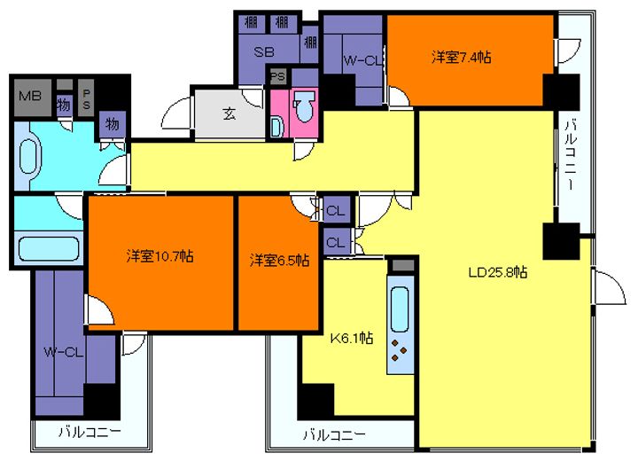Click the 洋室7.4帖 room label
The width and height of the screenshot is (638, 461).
click(x=462, y=58)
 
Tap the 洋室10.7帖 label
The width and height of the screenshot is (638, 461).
click(x=159, y=257)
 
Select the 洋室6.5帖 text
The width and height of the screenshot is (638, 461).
click(x=279, y=260)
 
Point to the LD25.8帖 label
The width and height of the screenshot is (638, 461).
click(x=498, y=273)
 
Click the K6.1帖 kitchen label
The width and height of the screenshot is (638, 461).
click(x=352, y=338)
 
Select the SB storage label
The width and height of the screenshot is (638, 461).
click(x=264, y=51)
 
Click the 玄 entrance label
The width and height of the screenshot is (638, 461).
click(x=229, y=113)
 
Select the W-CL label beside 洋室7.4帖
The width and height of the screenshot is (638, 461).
click(x=362, y=59)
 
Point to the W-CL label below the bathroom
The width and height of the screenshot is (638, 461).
click(x=63, y=352)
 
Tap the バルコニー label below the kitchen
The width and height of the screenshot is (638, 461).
click(x=333, y=434)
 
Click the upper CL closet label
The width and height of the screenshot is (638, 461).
click(x=336, y=211)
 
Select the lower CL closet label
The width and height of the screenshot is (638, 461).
click(x=336, y=241)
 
